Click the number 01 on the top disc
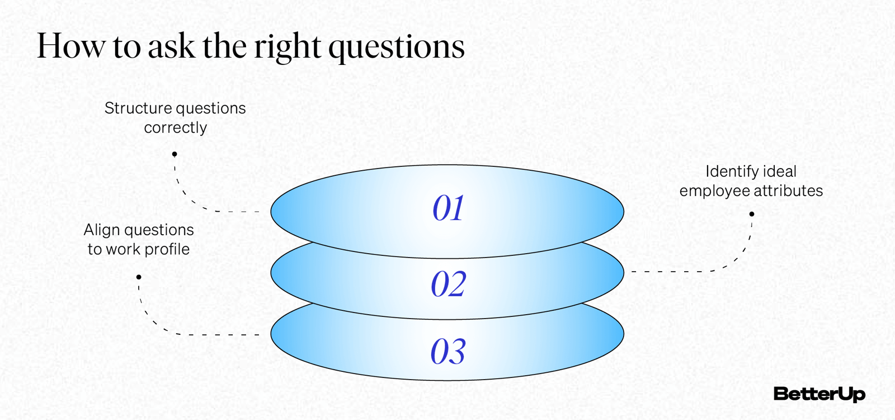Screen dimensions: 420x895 [x=448, y=208]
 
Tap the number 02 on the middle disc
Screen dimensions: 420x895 [x=448, y=284]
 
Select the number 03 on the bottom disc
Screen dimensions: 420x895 [x=448, y=352]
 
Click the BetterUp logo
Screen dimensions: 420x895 [x=819, y=394]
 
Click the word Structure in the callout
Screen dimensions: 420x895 [x=138, y=108]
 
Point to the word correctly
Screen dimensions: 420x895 [x=175, y=128]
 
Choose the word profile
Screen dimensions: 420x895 [x=167, y=249]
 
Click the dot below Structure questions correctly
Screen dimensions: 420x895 [x=175, y=154]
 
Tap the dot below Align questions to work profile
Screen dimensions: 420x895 [x=139, y=277]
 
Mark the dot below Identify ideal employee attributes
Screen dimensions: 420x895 [x=752, y=214]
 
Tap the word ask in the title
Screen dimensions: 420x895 [x=171, y=46]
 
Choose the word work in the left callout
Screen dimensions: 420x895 [x=123, y=249]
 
